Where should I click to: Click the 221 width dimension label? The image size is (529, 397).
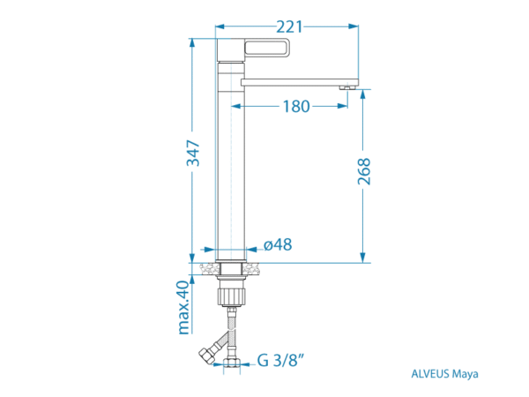(x=289, y=26)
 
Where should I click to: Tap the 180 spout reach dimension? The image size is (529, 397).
(x=296, y=107)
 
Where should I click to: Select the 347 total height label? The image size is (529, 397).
(x=194, y=153)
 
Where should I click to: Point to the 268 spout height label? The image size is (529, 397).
(x=364, y=171)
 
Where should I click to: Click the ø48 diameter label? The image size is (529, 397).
(x=278, y=244)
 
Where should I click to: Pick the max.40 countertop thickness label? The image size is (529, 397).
(x=184, y=307)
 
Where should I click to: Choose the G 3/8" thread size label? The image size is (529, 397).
(x=280, y=360)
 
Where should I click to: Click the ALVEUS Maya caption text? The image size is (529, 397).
(x=444, y=374)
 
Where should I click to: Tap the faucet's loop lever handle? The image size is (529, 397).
(x=267, y=47)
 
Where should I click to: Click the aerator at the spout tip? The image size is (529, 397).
(x=347, y=87)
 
